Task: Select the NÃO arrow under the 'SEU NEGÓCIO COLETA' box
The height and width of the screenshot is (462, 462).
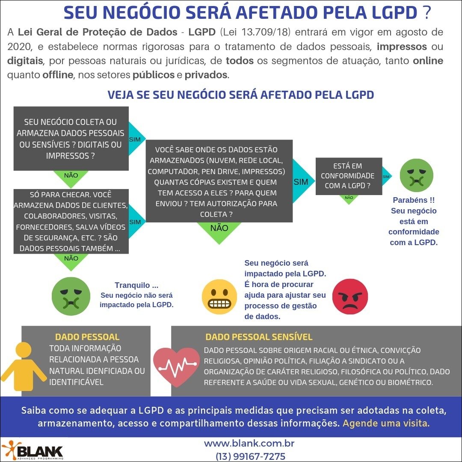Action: [71, 175]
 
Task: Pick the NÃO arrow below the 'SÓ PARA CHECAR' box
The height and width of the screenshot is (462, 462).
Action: [71, 259]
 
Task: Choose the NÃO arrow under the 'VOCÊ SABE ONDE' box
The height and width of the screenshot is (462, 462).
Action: [219, 230]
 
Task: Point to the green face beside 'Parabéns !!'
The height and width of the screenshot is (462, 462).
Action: [416, 175]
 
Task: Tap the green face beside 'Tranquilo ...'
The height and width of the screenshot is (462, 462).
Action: [68, 295]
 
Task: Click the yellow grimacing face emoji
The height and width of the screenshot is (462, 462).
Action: [219, 296]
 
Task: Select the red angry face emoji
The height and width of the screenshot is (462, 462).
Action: [350, 296]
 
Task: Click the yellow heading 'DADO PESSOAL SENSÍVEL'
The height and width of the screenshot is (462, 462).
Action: [259, 337]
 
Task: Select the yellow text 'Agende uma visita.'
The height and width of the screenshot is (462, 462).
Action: [386, 424]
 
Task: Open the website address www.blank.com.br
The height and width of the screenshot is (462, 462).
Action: [249, 444]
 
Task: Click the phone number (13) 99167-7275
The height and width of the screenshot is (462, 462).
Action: [251, 456]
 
